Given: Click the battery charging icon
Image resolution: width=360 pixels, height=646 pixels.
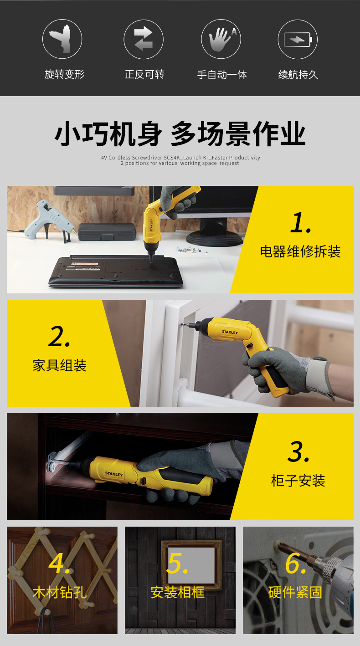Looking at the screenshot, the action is coord(298,40).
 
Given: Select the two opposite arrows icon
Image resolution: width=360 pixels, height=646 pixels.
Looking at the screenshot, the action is coord(144,39).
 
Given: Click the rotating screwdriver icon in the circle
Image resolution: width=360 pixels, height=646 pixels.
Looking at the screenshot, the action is coord(62,39).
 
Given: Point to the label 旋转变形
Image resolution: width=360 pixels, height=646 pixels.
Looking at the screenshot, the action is coord(64,74).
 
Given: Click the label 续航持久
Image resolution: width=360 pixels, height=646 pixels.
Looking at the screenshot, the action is coord(298,75).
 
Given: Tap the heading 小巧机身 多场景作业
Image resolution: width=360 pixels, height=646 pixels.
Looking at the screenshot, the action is coord(180,133).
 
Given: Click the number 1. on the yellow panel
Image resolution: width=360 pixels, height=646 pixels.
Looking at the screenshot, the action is coord(301,222).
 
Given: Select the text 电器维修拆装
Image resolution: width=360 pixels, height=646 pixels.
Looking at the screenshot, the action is coord(300,251).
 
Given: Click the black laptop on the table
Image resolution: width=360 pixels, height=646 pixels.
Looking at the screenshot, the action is coord(115,272).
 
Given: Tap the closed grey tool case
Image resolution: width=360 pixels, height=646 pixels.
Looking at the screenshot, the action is coord(107,231).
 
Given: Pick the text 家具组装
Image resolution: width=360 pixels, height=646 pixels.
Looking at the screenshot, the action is coord(59,365).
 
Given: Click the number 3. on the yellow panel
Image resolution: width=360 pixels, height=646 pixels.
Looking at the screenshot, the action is coord(298,451).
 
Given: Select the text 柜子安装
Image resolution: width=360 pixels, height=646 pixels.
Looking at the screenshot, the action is coord(298,481).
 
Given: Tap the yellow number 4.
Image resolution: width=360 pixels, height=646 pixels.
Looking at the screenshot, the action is coord(60,564).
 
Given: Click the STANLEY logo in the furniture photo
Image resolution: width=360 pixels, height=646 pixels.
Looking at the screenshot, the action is coord(230,332).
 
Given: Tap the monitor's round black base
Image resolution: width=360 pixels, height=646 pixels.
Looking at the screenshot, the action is coord(214,240).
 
